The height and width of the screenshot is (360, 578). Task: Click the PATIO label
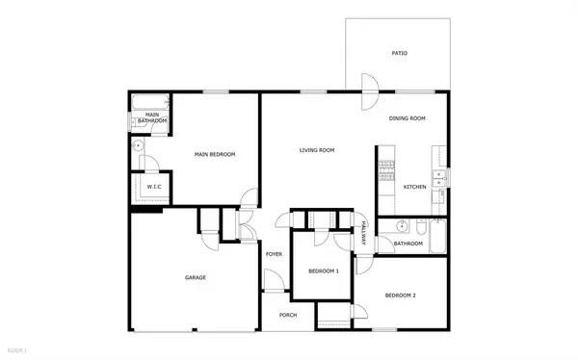(399, 54)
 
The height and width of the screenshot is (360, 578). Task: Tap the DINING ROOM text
(407, 118)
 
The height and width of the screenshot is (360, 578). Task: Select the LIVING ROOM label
(316, 150)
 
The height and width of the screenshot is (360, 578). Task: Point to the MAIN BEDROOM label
(215, 154)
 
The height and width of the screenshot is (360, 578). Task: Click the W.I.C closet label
(153, 186)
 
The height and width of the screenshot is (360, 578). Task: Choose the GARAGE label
(196, 278)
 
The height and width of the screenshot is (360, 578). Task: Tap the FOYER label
(274, 255)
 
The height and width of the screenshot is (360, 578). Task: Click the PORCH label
(287, 315)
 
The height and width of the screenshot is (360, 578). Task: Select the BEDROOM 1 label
(324, 271)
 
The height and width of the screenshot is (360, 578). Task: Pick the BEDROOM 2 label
(400, 295)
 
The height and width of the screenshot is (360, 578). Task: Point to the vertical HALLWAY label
(364, 236)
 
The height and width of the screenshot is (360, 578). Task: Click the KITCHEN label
(415, 187)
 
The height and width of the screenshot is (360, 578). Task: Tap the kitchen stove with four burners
(385, 171)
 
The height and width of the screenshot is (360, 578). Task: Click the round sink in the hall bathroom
(405, 228)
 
